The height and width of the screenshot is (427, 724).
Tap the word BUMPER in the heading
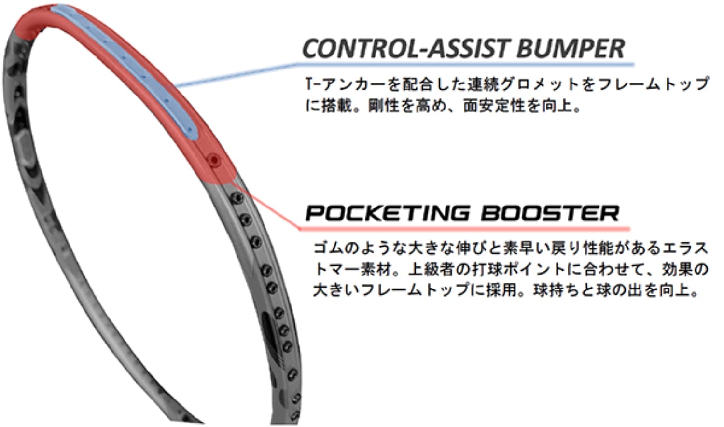(571, 48)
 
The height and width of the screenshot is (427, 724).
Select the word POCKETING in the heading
(387, 213)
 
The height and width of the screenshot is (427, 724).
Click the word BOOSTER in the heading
(550, 213)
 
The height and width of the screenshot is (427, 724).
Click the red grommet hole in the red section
(214, 160)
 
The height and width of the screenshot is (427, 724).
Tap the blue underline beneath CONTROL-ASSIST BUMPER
(465, 65)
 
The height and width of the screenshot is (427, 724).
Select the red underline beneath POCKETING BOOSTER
(465, 229)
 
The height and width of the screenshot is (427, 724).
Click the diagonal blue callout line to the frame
(236, 75)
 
